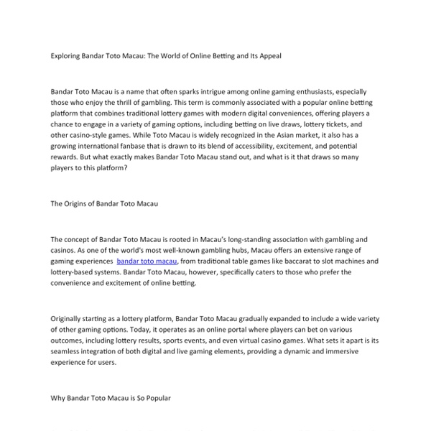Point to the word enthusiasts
[307, 93]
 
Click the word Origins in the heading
[80, 203]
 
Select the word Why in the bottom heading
[57, 397]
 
